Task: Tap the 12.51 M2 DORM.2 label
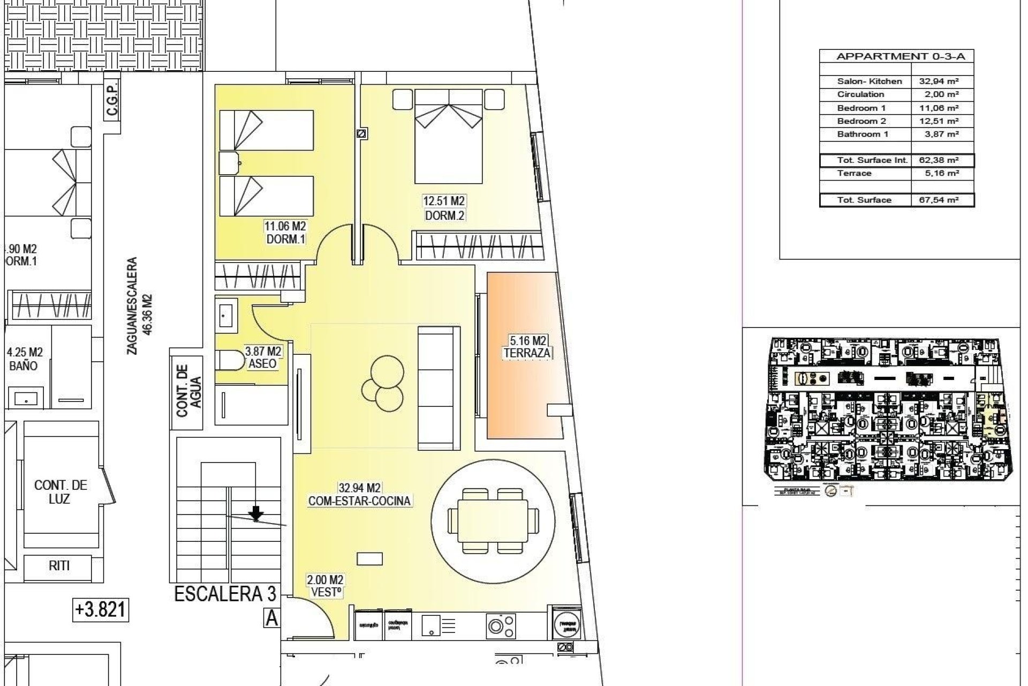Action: click(x=444, y=208)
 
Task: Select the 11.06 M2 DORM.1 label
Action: click(x=286, y=233)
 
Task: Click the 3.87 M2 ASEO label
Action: click(x=263, y=357)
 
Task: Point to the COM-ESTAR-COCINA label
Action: click(x=360, y=501)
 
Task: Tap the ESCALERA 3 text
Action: click(x=225, y=594)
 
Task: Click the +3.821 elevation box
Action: click(x=101, y=610)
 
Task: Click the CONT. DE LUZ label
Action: click(x=61, y=492)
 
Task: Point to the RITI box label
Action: click(x=59, y=565)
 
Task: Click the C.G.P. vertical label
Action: click(x=112, y=102)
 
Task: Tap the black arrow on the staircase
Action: click(x=256, y=513)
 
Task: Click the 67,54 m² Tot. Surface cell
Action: click(x=943, y=200)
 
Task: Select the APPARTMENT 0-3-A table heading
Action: click(x=897, y=56)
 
